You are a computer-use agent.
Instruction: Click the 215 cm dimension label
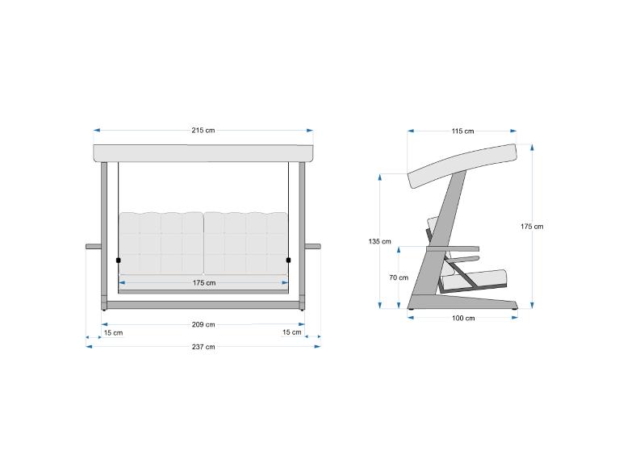[203, 130]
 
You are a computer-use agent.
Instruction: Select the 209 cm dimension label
[203, 324]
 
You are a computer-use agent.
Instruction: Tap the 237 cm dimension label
[203, 347]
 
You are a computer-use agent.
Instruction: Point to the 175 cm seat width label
[204, 283]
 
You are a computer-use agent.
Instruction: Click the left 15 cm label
[113, 333]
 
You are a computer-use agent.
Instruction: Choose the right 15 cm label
[291, 332]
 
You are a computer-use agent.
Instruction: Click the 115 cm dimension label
[462, 131]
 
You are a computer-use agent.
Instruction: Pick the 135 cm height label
[379, 241]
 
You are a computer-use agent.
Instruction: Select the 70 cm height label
[399, 277]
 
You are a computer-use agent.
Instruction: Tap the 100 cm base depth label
[463, 318]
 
